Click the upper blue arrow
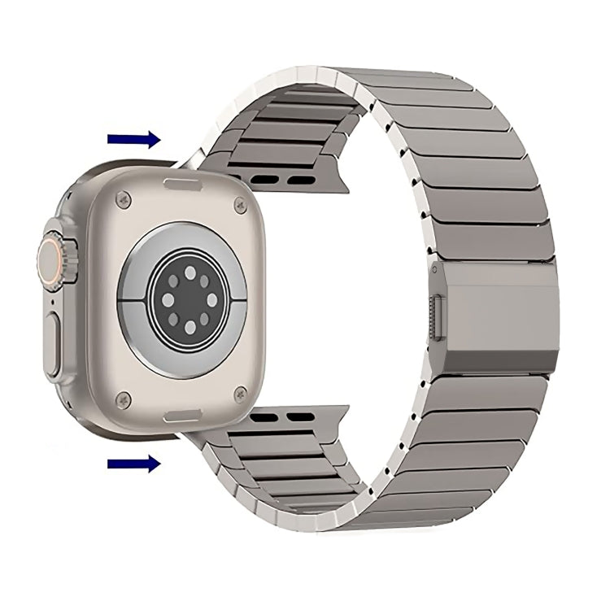tap(134, 140)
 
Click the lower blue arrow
tap(134, 464)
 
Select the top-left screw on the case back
tap(124, 197)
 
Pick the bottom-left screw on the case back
tap(124, 398)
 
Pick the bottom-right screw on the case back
tap(238, 393)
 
